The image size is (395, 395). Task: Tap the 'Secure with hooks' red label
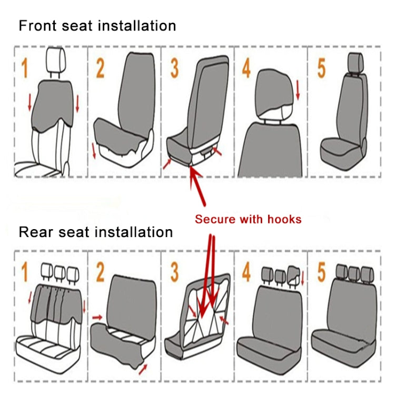(248, 219)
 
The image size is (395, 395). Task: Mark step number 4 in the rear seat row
(246, 273)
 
